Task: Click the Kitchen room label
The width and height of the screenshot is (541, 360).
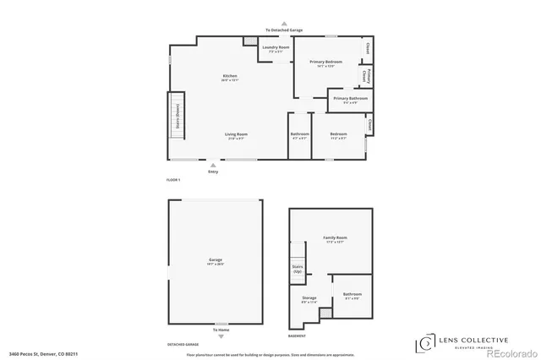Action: pyautogui.click(x=230, y=78)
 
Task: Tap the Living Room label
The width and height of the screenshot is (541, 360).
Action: pyautogui.click(x=236, y=135)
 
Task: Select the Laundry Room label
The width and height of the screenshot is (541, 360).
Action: pyautogui.click(x=276, y=49)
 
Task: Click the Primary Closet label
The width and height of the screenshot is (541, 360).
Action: pyautogui.click(x=365, y=76)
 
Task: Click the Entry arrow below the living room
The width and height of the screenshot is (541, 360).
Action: pyautogui.click(x=212, y=166)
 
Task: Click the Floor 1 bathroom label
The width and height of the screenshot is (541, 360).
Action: pyautogui.click(x=300, y=135)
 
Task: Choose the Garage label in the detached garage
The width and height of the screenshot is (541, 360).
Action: pyautogui.click(x=216, y=261)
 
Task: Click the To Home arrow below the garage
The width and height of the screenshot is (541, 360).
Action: pyautogui.click(x=221, y=335)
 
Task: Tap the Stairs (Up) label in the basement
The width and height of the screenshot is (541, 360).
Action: pyautogui.click(x=298, y=270)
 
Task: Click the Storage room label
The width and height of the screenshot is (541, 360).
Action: pyautogui.click(x=309, y=299)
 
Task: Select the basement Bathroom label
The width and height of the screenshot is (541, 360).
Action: pyautogui.click(x=352, y=296)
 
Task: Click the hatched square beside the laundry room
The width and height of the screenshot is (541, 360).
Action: pyautogui.click(x=249, y=41)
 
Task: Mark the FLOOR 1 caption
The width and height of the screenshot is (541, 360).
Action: pyautogui.click(x=173, y=181)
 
